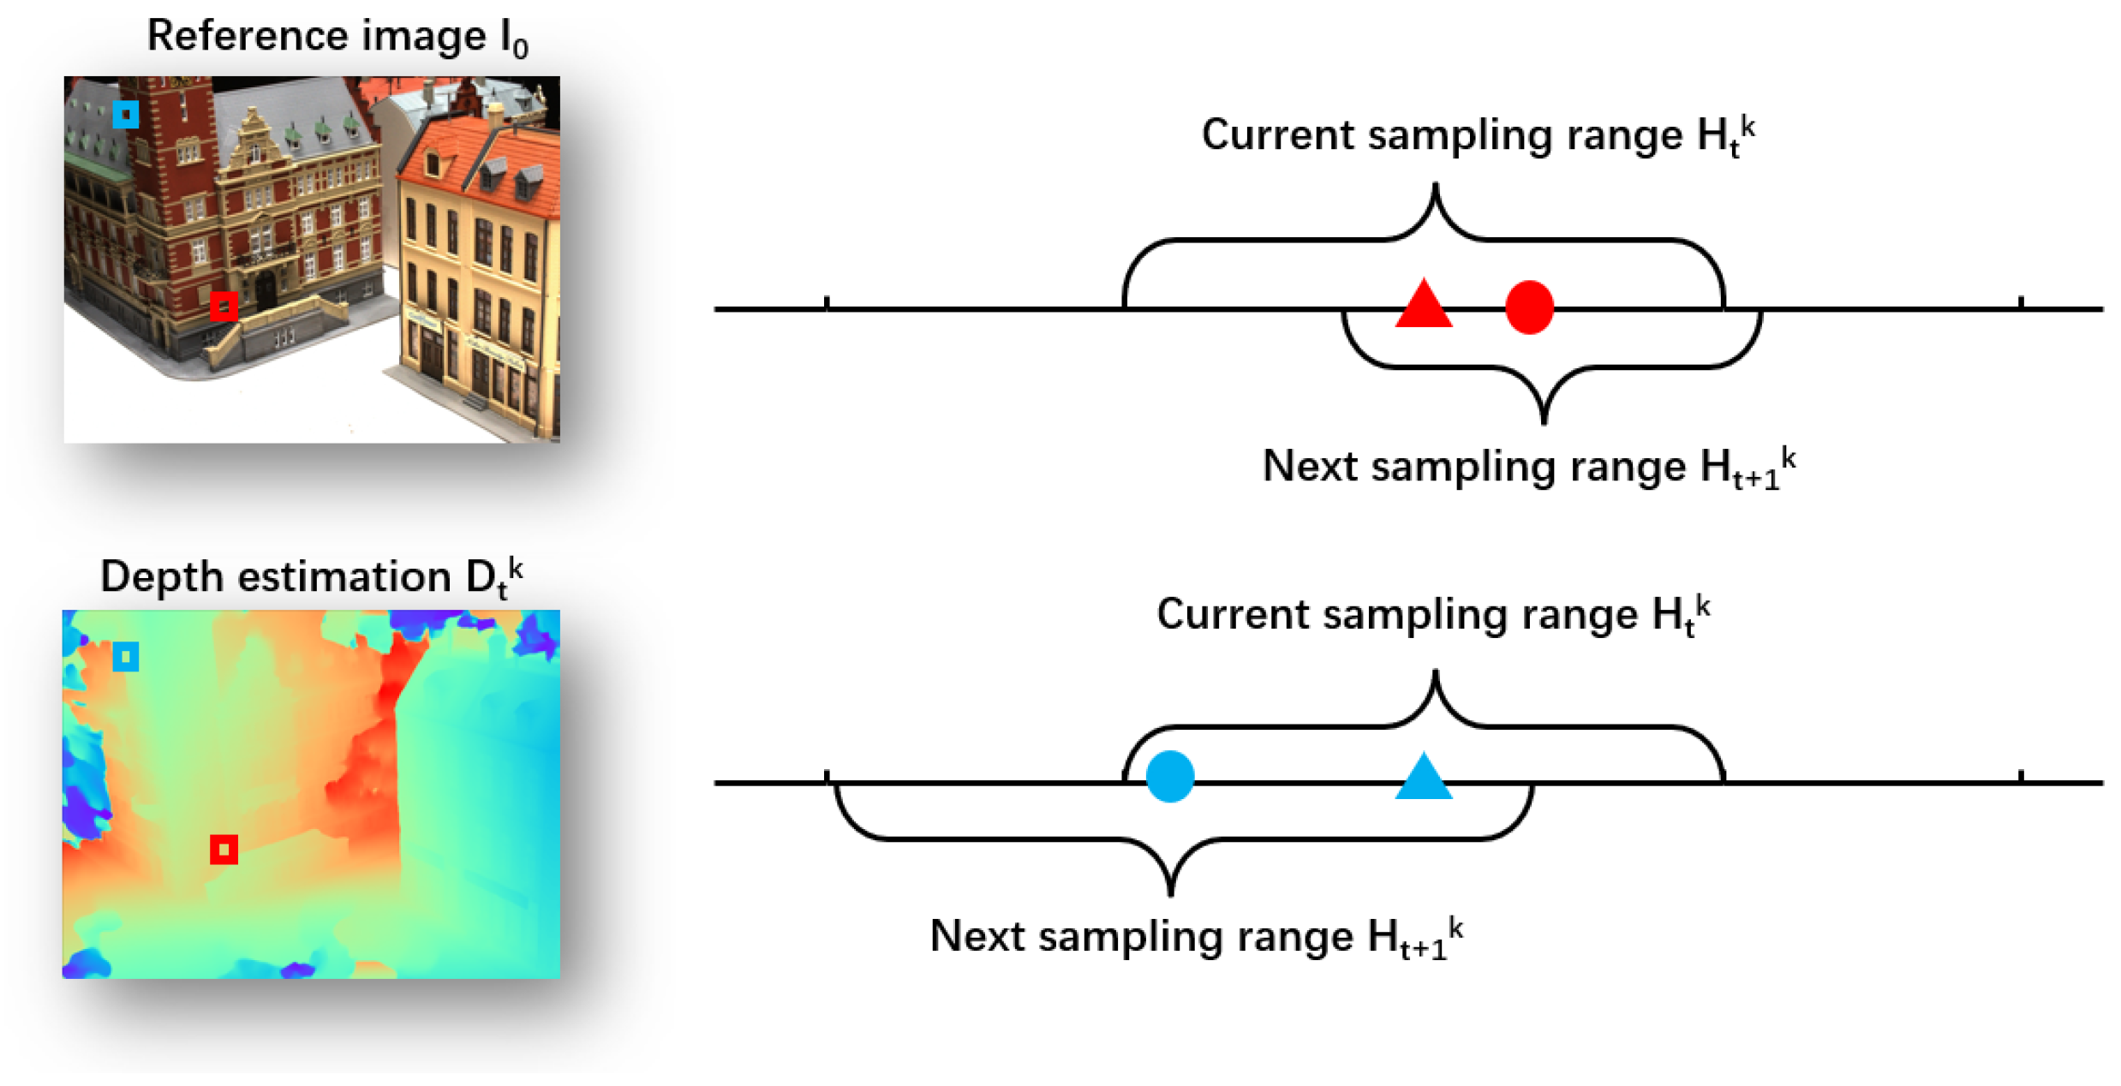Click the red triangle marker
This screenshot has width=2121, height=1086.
[1423, 307]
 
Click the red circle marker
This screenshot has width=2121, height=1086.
[1528, 307]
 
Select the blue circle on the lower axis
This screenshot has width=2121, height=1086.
[1169, 776]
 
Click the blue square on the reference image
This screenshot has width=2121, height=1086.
[126, 114]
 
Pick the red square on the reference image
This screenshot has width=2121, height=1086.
[224, 306]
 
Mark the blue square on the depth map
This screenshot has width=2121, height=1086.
[126, 657]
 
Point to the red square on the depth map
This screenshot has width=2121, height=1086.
[224, 850]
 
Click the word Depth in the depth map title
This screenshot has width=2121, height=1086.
[162, 577]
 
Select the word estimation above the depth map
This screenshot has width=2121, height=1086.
[344, 577]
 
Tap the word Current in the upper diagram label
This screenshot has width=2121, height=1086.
[1277, 135]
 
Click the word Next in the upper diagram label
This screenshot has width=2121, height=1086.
[1311, 467]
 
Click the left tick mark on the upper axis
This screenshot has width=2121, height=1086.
[826, 302]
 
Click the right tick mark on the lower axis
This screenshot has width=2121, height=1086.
[2021, 776]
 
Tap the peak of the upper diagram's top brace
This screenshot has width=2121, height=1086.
[1435, 186]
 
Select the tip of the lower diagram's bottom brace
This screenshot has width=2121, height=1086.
[1170, 893]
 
